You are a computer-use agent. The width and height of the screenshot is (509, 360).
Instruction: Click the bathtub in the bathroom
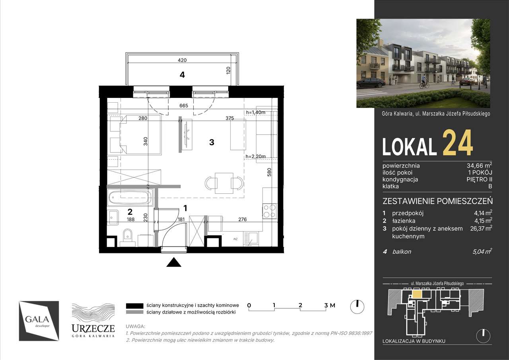pos(129,196)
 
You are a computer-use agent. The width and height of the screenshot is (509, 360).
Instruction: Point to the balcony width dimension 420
pos(182,60)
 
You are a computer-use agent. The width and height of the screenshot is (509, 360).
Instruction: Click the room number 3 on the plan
pos(212,142)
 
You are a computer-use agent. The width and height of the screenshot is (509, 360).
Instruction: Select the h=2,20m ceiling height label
pos(256,156)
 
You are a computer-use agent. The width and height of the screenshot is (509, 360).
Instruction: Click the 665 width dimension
pos(183,105)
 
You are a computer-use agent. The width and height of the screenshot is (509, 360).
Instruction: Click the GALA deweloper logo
pos(39,321)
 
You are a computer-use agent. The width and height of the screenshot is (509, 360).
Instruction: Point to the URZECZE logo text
pos(93,328)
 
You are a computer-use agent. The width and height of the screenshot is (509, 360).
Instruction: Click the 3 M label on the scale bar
pos(330,305)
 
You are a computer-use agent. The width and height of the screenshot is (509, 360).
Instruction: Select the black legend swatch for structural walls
pos(134,305)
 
